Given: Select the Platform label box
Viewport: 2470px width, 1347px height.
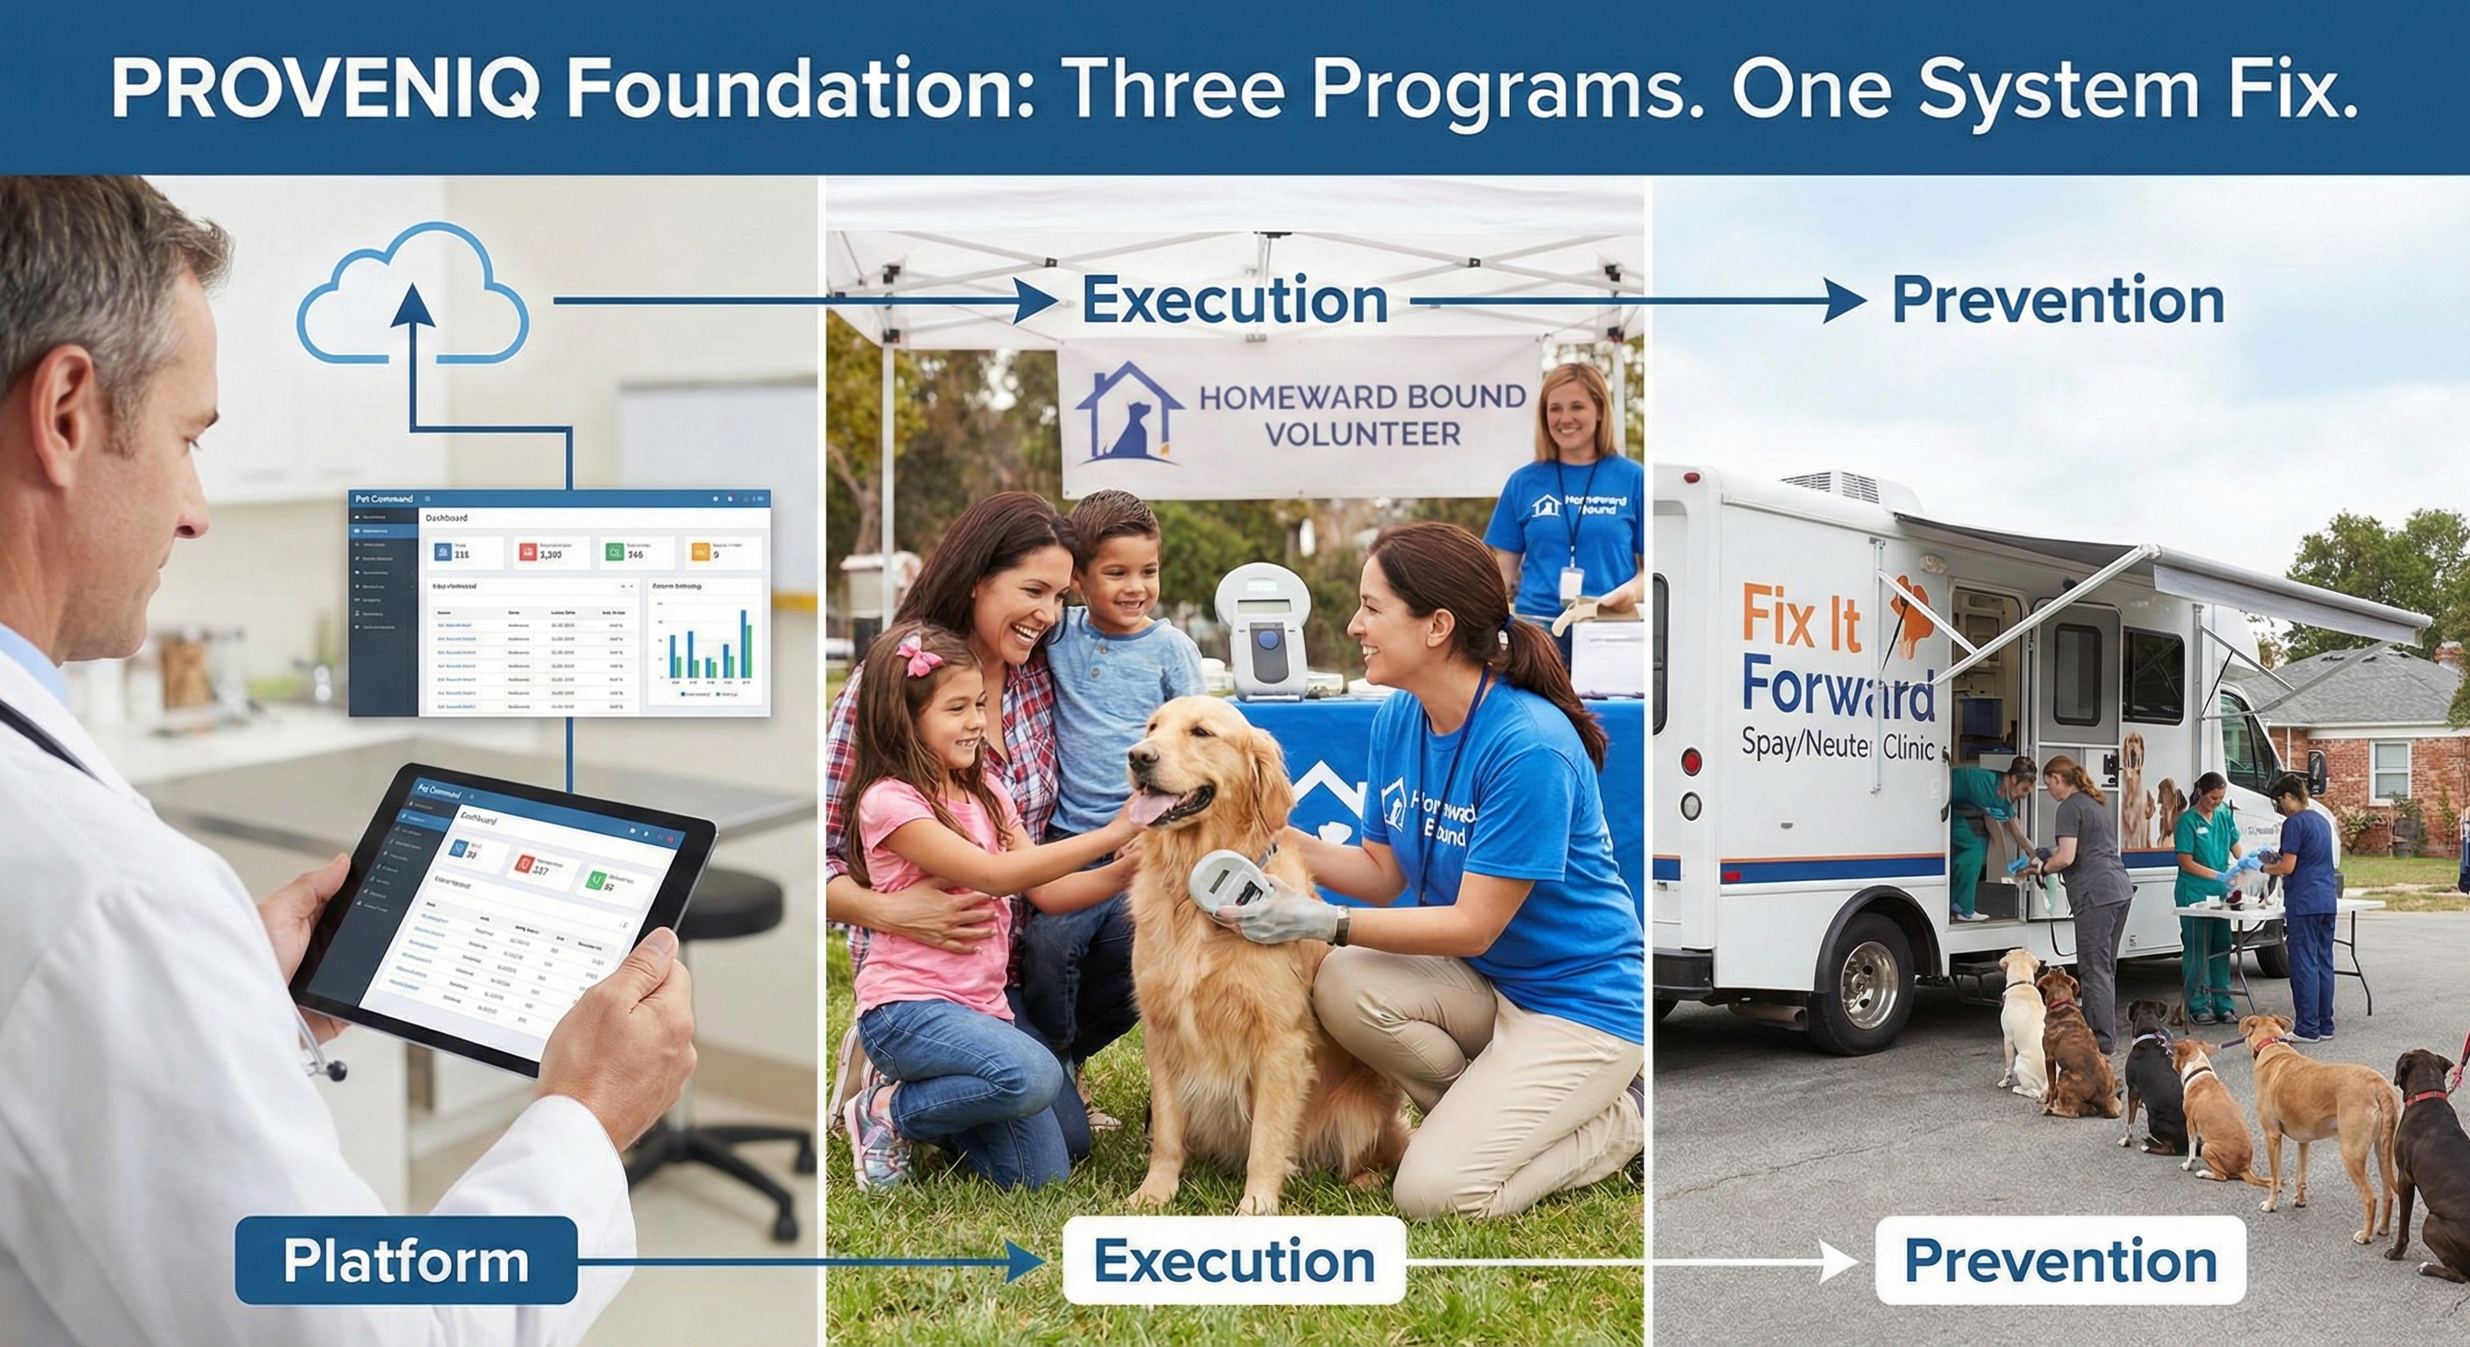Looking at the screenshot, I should pos(405,1260).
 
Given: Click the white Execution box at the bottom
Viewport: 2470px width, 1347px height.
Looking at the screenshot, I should pos(1234,1260).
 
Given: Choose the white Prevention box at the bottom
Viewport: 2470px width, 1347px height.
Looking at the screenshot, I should pos(2060,1260).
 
